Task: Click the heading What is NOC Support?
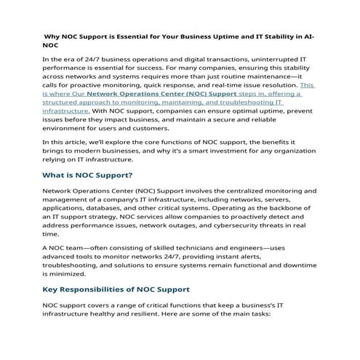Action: pos(87,175)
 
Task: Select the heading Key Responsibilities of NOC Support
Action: pos(116,289)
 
